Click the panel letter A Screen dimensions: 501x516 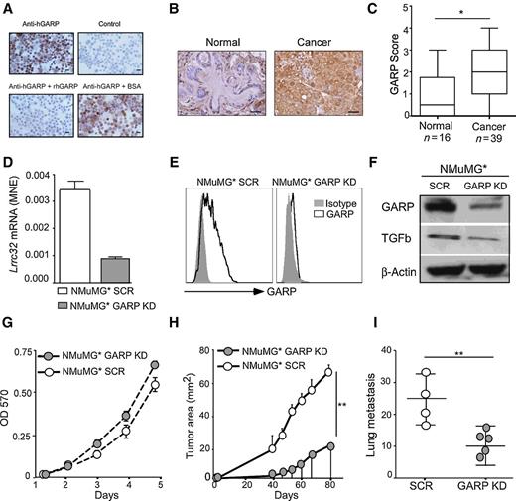coord(8,9)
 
